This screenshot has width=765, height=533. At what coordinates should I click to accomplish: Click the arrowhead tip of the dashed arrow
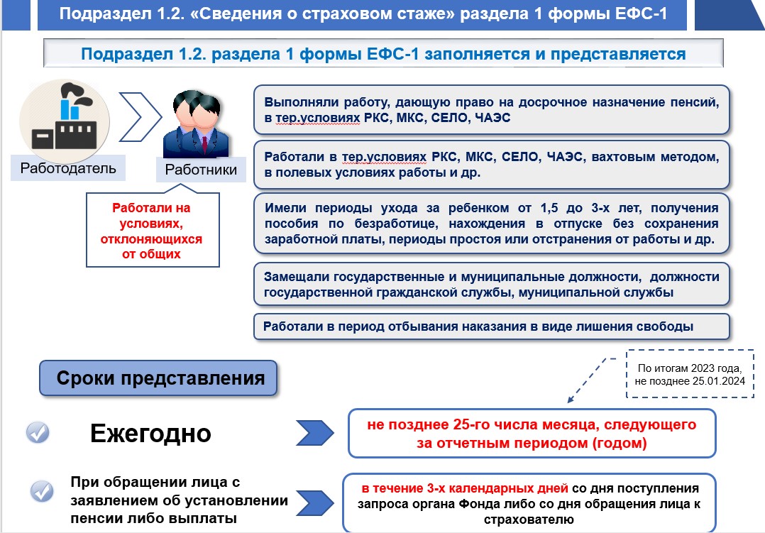(568, 402)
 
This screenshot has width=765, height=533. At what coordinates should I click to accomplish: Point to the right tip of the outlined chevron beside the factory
(162, 116)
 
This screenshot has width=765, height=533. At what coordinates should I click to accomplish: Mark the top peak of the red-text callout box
(180, 184)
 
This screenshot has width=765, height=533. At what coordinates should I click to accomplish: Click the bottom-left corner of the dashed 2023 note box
(627, 397)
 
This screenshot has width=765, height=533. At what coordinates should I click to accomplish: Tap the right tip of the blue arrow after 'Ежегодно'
(334, 432)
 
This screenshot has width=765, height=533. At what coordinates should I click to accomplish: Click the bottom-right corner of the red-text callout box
(219, 267)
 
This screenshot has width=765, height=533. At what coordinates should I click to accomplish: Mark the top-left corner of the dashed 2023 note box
(627, 350)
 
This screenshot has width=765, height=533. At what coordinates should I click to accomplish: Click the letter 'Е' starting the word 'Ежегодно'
(98, 433)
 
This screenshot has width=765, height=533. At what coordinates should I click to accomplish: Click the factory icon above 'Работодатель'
(65, 120)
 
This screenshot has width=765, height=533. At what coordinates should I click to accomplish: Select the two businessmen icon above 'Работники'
(196, 124)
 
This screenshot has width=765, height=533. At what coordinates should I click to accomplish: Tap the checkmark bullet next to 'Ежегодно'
(38, 432)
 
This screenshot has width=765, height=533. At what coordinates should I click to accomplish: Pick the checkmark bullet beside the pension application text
(43, 491)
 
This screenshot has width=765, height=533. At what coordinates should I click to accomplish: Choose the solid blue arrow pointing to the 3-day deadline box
(315, 503)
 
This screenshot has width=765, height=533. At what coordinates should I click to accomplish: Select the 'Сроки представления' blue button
(158, 378)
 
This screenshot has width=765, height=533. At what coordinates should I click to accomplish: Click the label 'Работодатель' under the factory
(68, 168)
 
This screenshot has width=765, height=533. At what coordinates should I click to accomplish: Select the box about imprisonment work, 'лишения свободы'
(491, 326)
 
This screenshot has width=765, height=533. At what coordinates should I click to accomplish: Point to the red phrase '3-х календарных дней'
(497, 488)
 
